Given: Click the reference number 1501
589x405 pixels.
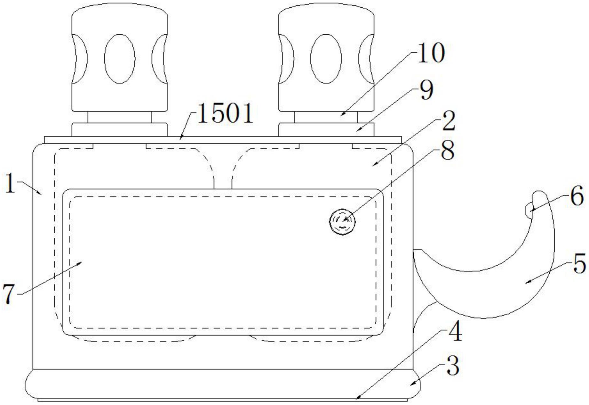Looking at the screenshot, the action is point(225,114).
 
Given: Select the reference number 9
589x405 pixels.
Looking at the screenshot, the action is point(426,91).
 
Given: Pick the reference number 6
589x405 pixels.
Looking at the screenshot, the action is point(577,196).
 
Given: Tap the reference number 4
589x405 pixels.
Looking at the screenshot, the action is point(455,332).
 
